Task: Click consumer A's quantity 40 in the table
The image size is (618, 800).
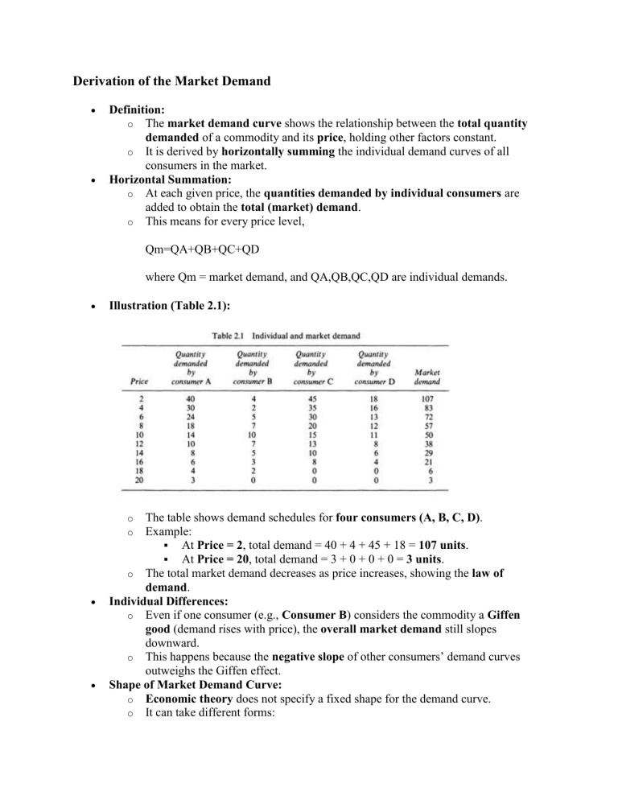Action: [x=190, y=397]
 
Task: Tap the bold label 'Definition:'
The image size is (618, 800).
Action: [x=137, y=107]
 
